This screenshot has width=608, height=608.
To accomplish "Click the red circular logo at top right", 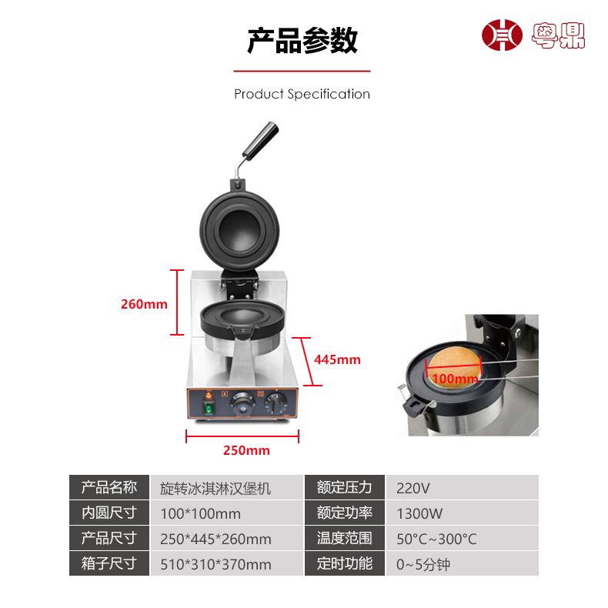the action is [502, 35].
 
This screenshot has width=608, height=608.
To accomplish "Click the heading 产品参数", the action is [302, 40].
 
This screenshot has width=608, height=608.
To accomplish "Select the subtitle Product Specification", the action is [302, 94].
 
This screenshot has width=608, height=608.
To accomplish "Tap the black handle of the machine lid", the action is [261, 139].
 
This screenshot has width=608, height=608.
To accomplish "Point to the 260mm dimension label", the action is [144, 304].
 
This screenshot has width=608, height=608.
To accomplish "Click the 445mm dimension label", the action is [337, 359].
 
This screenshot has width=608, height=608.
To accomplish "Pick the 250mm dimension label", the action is [246, 450].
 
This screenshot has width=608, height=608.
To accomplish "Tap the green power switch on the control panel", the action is [209, 408].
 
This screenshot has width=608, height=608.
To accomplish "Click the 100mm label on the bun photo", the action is [455, 378].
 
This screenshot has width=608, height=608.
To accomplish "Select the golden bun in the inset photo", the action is [454, 366].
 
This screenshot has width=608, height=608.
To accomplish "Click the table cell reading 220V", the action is [413, 488].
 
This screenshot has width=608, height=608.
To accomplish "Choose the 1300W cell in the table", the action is [419, 513].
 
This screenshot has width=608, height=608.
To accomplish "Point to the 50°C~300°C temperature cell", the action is [436, 539].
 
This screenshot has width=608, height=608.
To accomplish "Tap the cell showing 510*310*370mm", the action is [215, 565].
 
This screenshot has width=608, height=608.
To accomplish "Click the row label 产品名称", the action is [109, 487].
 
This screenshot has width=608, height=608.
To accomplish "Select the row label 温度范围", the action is [344, 538].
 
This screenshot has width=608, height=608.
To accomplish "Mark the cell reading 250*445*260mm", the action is [215, 539].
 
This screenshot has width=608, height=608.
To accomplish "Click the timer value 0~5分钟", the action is [423, 565].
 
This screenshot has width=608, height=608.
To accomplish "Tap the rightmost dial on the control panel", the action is [276, 403].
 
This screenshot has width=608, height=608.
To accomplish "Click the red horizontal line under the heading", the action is [302, 72].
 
